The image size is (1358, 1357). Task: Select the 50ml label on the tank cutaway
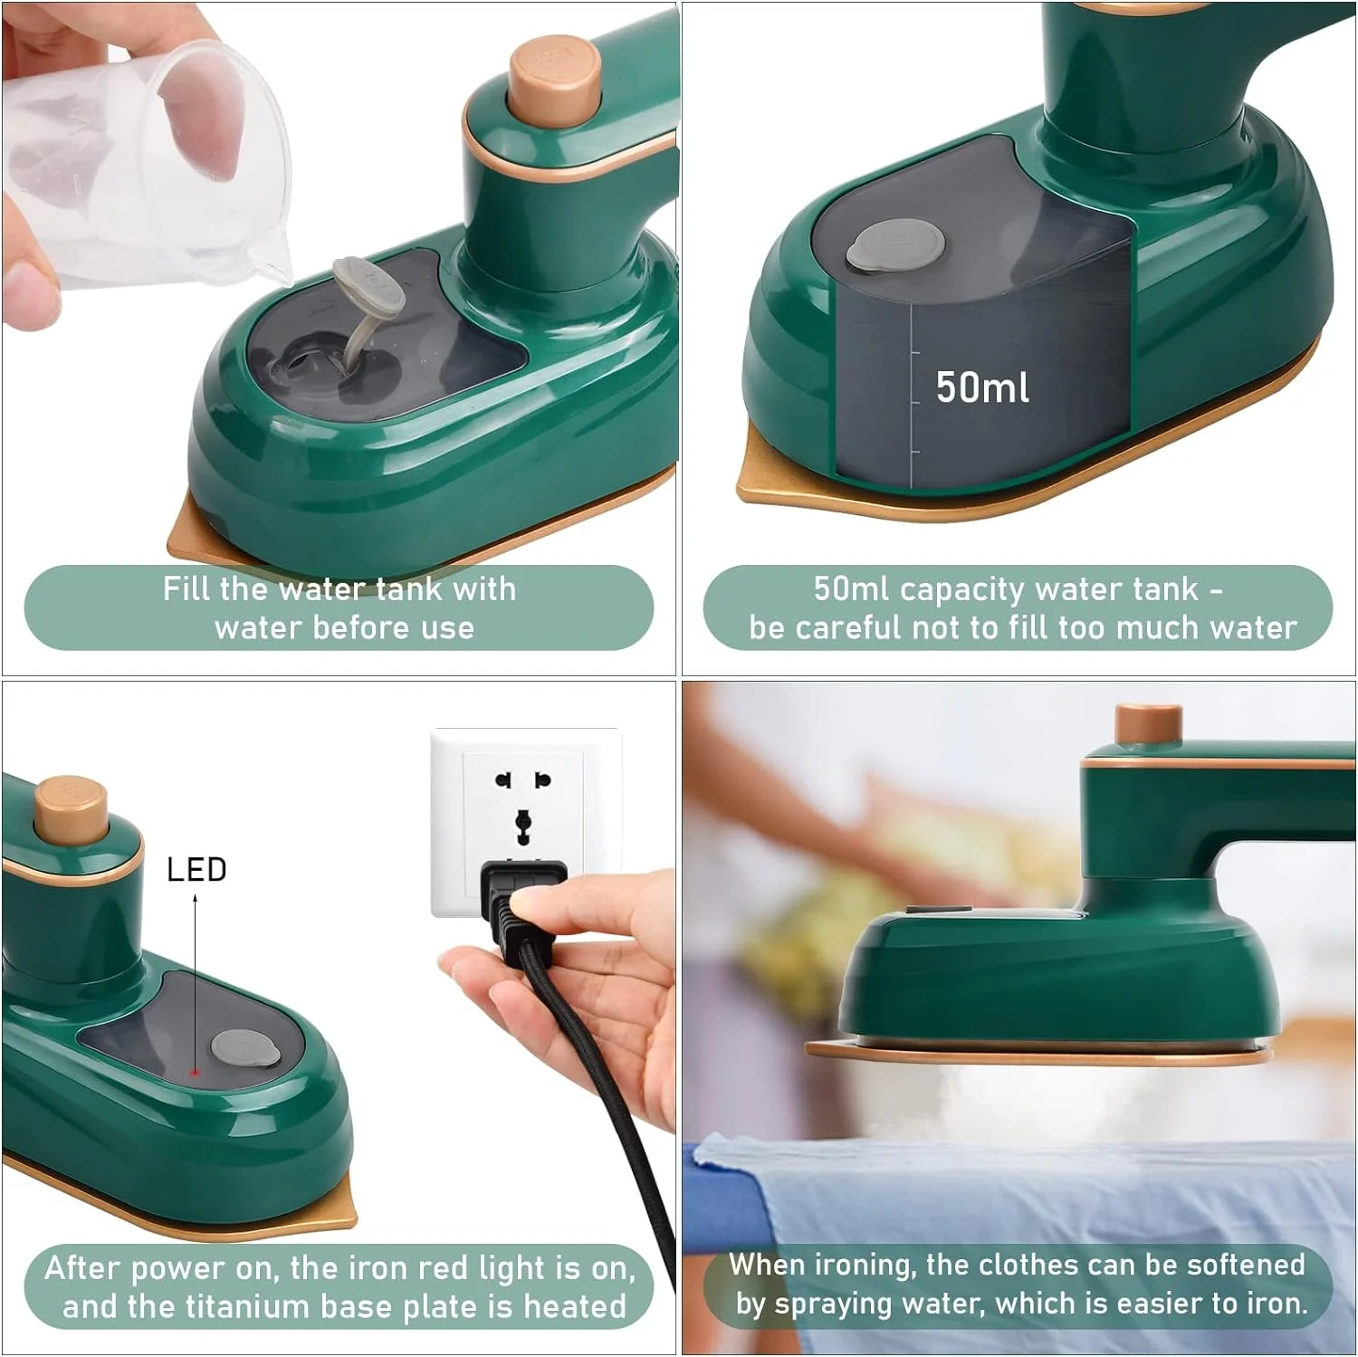[x=982, y=387]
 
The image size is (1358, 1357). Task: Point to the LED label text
[x=196, y=870]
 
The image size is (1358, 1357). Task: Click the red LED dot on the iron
[x=194, y=1072]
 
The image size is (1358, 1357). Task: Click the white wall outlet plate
[x=525, y=819]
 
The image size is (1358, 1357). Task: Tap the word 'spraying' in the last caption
[x=850, y=1304]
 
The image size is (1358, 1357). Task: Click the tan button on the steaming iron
[x=1148, y=725]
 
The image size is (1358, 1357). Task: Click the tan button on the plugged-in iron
[x=71, y=808]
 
